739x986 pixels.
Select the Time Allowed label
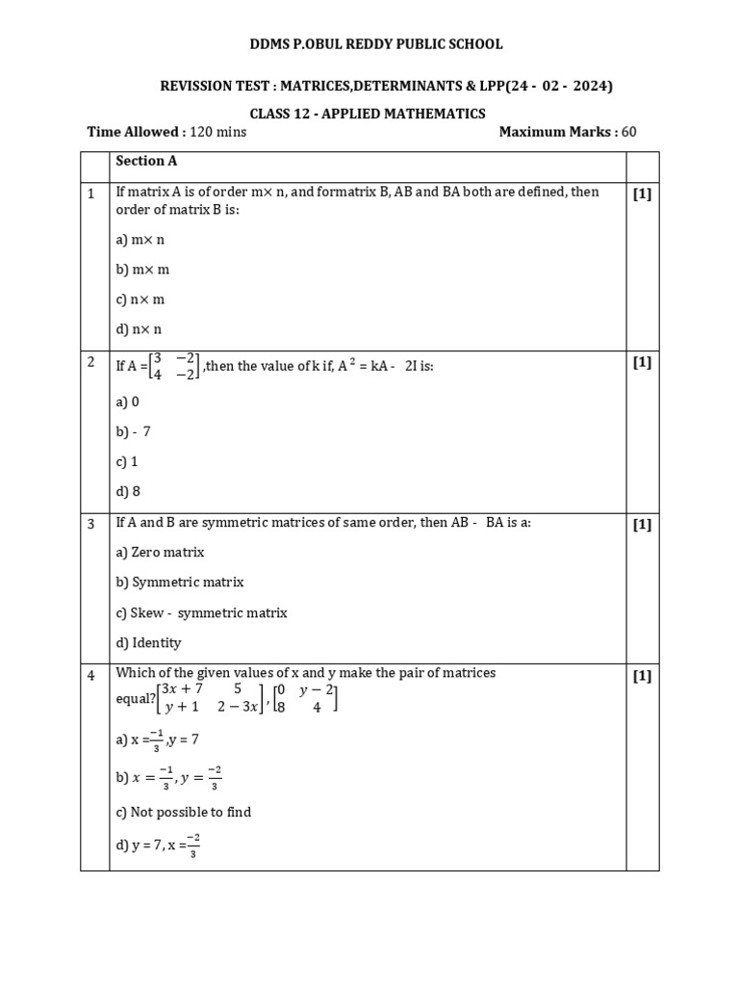(x=133, y=132)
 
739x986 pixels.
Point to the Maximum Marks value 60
(x=628, y=132)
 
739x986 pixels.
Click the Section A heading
(x=146, y=161)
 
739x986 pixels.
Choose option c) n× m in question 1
(x=140, y=299)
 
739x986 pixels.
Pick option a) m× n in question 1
(x=140, y=240)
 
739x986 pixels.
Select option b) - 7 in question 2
(x=134, y=432)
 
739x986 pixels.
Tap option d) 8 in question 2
(x=128, y=492)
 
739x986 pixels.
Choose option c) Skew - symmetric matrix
(x=201, y=612)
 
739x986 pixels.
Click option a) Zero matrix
(x=160, y=553)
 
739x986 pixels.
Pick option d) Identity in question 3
(x=148, y=642)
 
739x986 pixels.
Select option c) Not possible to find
(x=184, y=812)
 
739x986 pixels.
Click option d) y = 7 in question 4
(x=158, y=846)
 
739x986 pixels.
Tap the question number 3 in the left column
(x=91, y=525)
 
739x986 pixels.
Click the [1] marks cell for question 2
(x=642, y=362)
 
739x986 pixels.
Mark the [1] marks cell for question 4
(x=642, y=676)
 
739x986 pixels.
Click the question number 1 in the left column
(x=91, y=194)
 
